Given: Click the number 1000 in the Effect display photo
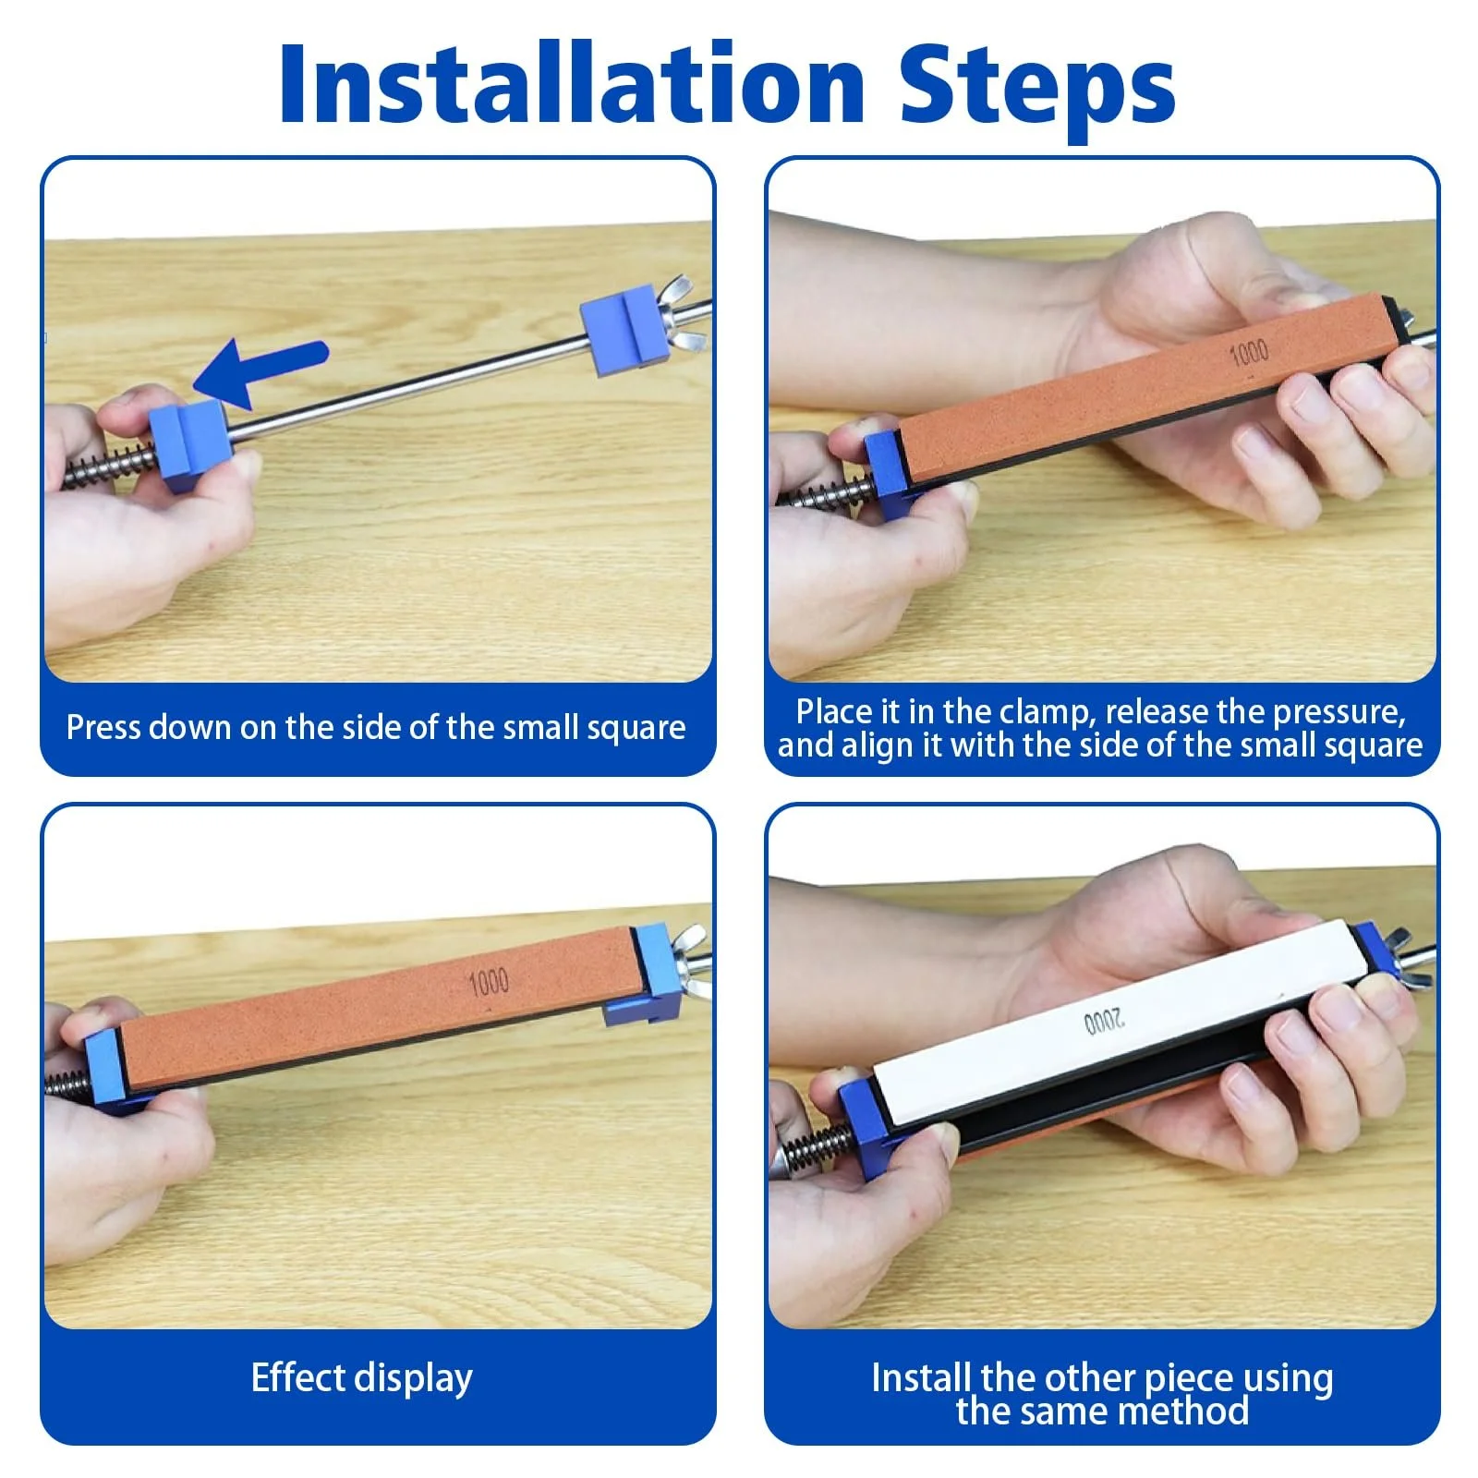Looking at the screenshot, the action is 489,982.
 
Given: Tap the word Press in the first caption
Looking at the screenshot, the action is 103,728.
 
